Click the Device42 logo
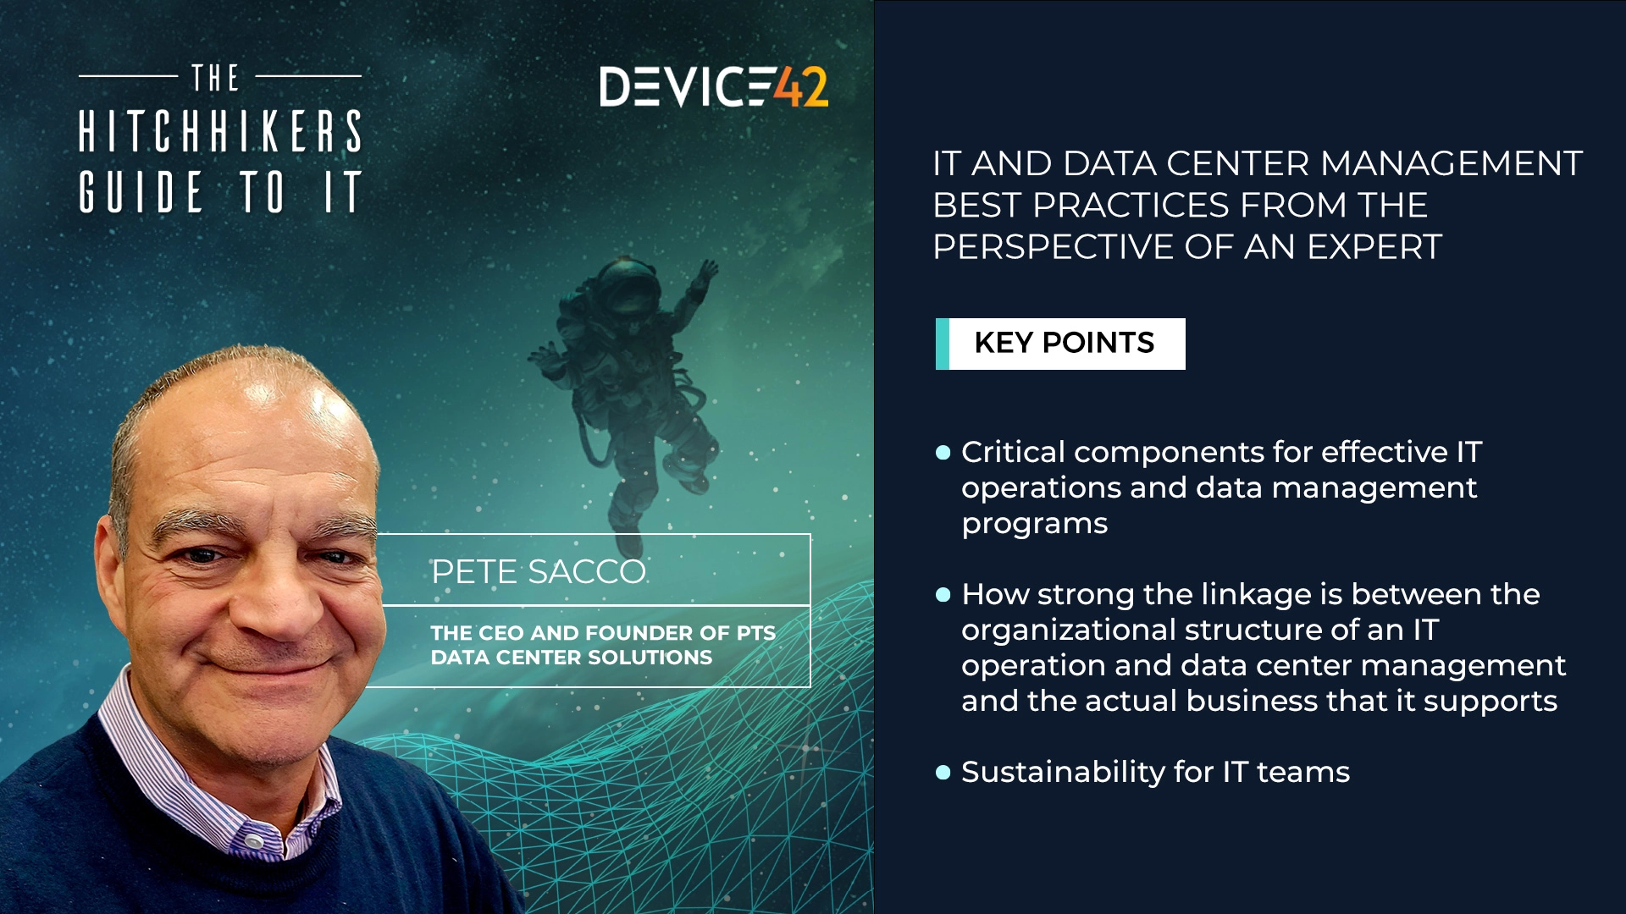(713, 86)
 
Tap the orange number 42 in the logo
(802, 86)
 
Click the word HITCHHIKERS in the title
(220, 132)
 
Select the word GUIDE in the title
(141, 192)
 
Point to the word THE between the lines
(216, 79)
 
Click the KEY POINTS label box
(1065, 344)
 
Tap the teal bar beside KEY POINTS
(942, 344)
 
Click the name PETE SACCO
(539, 572)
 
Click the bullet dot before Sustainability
(943, 772)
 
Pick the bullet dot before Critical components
(943, 453)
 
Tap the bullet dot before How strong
(943, 595)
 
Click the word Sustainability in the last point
(1063, 772)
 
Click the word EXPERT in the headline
(1374, 247)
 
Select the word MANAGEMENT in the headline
(1451, 163)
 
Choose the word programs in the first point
(1034, 524)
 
